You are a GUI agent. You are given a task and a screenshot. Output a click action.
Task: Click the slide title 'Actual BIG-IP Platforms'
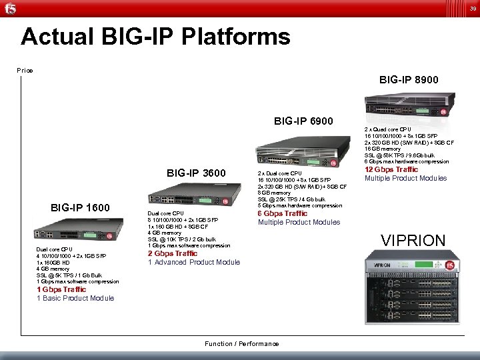pyautogui.click(x=155, y=37)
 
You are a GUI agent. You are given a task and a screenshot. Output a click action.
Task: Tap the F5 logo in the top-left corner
pyautogui.click(x=9, y=9)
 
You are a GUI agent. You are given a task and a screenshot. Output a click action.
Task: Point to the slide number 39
pyautogui.click(x=472, y=8)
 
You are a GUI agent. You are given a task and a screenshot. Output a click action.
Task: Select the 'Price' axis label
pyautogui.click(x=25, y=70)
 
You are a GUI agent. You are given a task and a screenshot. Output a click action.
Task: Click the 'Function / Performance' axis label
pyautogui.click(x=242, y=343)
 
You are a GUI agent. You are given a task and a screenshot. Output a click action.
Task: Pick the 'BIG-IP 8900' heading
pyautogui.click(x=409, y=80)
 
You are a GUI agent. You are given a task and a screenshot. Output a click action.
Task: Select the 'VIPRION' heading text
pyautogui.click(x=413, y=241)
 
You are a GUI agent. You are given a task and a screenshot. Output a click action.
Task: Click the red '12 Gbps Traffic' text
pyautogui.click(x=391, y=169)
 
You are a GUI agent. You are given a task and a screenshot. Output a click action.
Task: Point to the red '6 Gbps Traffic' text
pyautogui.click(x=283, y=213)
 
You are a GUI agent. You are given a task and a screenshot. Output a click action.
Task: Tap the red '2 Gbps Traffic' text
pyautogui.click(x=173, y=253)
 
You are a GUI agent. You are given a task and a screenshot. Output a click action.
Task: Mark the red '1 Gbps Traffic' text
pyautogui.click(x=61, y=289)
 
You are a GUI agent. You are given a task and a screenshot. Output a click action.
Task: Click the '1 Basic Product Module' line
pyautogui.click(x=75, y=298)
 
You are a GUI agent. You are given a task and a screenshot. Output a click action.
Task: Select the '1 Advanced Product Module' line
pyautogui.click(x=193, y=262)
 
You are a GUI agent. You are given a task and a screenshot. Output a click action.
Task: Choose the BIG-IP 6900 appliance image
pyautogui.click(x=300, y=152)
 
